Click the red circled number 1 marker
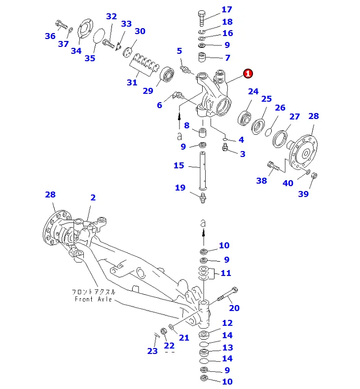point(248,74)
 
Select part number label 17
point(226,9)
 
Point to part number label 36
point(50,36)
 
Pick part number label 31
point(132,82)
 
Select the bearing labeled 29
point(168,75)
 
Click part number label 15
point(179,165)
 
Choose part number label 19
point(180,187)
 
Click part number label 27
point(294,117)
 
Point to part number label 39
point(303,194)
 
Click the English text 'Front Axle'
point(94,299)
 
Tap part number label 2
point(93,197)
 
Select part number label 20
point(234,308)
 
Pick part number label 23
point(152,351)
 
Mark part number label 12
point(227,323)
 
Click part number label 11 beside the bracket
point(226,273)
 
